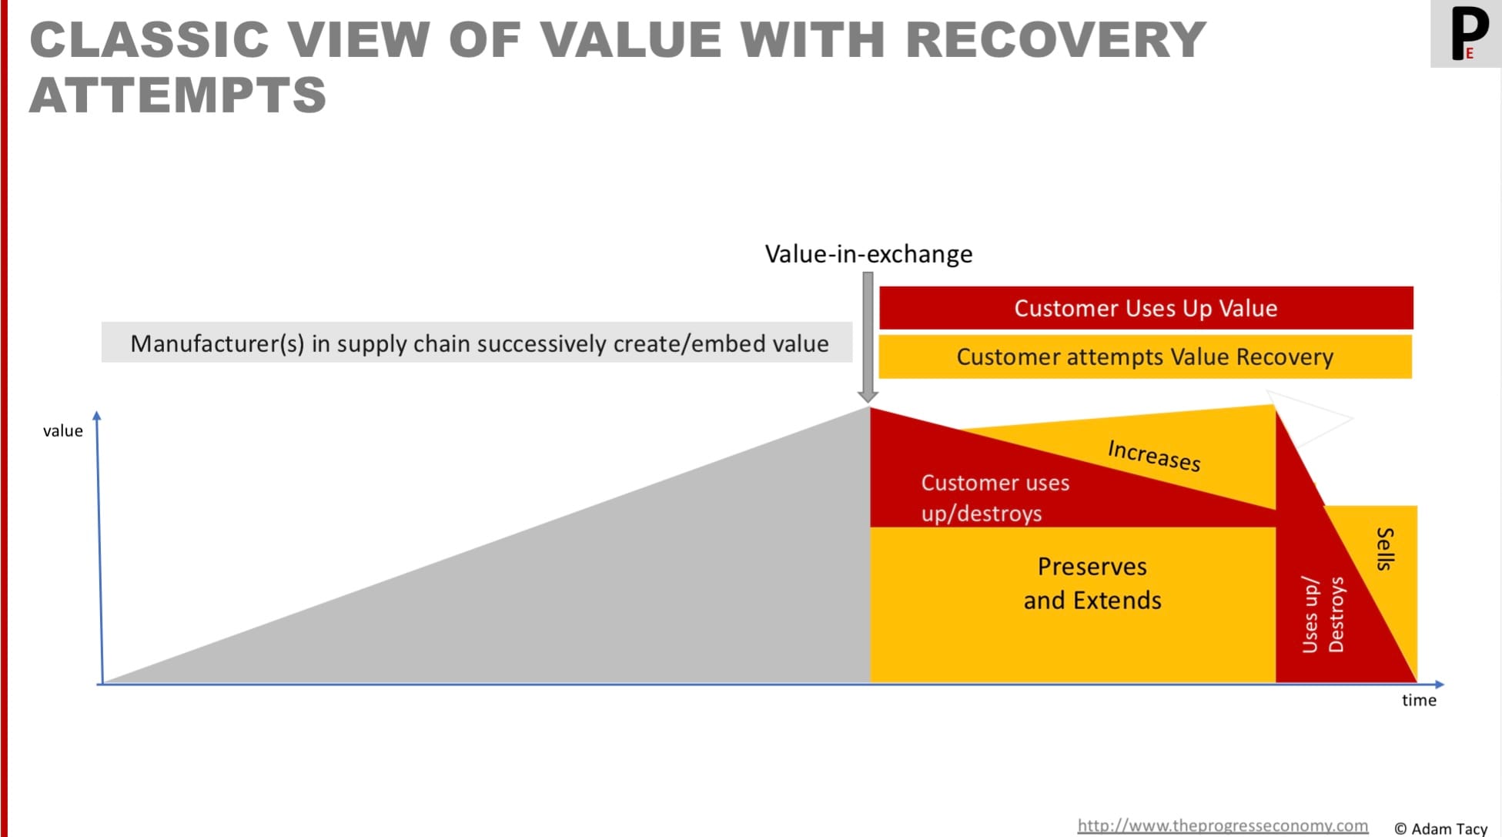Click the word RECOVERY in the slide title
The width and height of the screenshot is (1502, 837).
1055,40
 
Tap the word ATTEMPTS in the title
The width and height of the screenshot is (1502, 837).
179,95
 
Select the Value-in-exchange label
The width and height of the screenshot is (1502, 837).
868,254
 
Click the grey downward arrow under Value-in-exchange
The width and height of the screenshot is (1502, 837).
868,339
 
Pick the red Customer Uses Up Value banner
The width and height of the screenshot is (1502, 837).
1146,308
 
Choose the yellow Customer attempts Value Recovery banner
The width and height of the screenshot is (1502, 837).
1145,357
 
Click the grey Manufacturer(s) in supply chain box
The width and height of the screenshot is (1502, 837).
477,343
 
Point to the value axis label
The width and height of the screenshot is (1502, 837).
62,431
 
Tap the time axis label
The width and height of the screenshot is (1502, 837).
1419,701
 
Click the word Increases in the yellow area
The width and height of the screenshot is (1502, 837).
1154,454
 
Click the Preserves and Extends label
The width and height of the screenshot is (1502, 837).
1092,584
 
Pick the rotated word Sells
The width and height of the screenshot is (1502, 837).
1385,549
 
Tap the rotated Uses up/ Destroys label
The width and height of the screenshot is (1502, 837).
1323,614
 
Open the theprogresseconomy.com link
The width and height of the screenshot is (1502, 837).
1222,825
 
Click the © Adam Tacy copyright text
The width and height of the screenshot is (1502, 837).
1440,829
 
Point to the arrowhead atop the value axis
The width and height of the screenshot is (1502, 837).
97,416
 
